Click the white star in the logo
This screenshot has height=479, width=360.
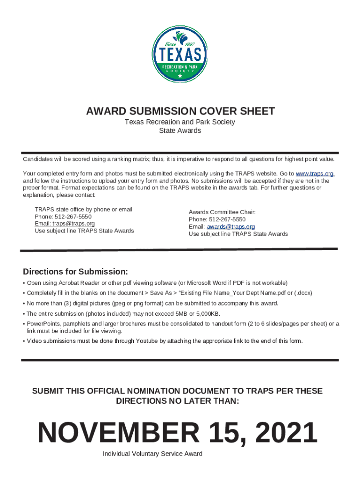[x=180, y=75]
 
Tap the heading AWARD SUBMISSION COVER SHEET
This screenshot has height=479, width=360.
[x=180, y=111]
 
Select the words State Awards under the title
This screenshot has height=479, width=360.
[x=180, y=131]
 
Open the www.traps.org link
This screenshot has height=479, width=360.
[x=315, y=174]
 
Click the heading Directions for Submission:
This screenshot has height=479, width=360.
[x=75, y=272]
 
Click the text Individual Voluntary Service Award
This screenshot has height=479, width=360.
[x=152, y=454]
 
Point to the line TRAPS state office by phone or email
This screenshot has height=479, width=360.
[x=83, y=210]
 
